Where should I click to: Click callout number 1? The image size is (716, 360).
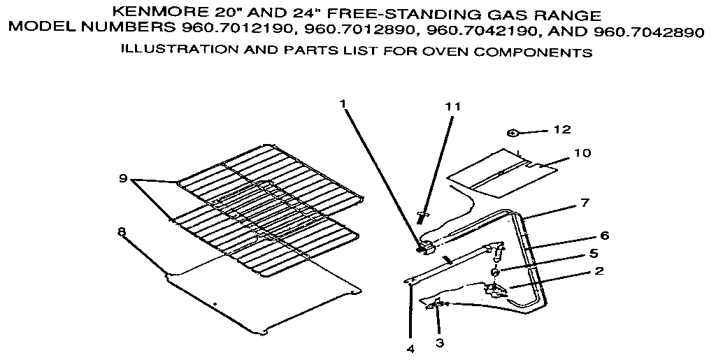(343, 104)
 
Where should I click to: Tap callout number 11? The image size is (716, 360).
(453, 107)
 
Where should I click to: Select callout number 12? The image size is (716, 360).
(561, 129)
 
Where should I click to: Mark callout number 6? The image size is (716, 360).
(605, 235)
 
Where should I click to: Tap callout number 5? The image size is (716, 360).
(594, 253)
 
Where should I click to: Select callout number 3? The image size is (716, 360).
(439, 343)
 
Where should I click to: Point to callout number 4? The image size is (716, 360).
(410, 348)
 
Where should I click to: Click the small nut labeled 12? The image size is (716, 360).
(512, 131)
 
